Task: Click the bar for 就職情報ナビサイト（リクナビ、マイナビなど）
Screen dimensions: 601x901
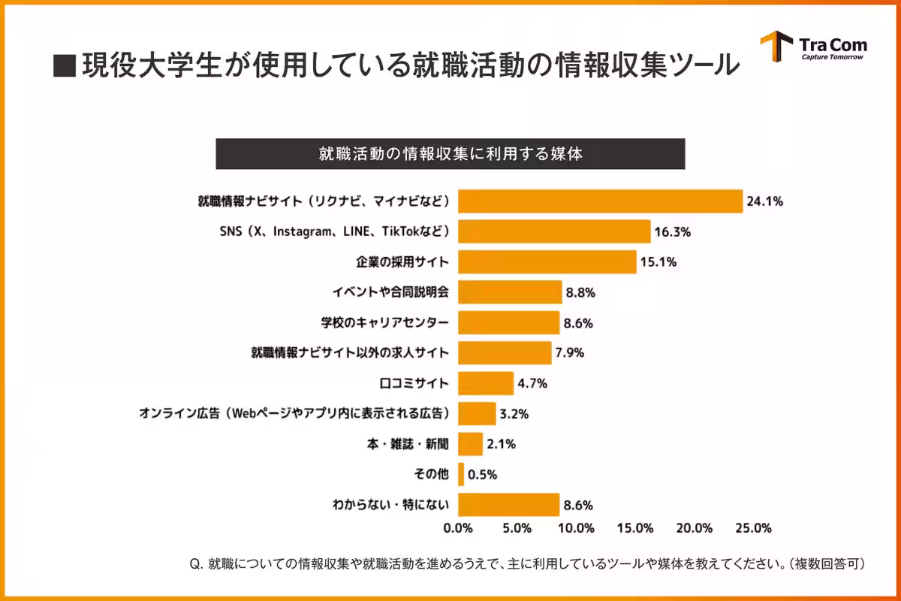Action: pos(600,201)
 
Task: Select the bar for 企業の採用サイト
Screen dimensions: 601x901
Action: pos(547,262)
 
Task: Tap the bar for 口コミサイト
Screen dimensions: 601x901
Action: pos(486,383)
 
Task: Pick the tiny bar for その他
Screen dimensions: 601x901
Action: pos(461,474)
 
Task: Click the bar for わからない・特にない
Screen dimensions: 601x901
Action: pos(508,505)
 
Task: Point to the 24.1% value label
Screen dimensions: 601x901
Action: pos(764,201)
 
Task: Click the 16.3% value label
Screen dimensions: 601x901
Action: pos(672,232)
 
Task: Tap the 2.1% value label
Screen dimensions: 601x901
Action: pos(501,444)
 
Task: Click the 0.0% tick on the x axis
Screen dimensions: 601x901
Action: pos(458,528)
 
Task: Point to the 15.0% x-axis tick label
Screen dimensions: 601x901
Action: pos(635,528)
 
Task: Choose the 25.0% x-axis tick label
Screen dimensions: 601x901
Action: pos(753,528)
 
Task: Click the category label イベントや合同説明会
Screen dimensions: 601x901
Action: pos(390,292)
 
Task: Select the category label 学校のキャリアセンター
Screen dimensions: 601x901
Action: pos(384,323)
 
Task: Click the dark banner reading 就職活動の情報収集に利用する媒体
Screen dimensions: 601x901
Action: pos(450,154)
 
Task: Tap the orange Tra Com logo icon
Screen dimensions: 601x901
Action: pos(776,47)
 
